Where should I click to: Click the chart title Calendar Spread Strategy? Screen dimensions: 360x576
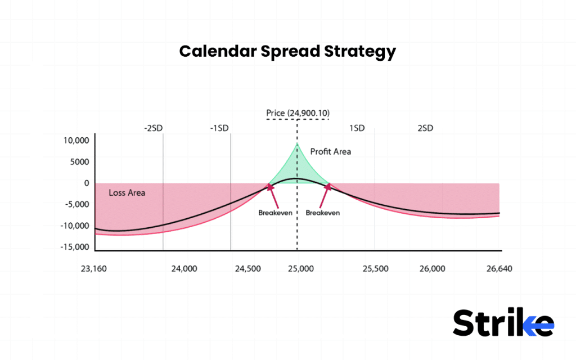pos(287,52)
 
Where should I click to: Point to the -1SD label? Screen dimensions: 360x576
pos(219,128)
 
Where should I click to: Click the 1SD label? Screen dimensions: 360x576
pos(357,128)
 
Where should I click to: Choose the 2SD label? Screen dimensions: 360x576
pos(425,128)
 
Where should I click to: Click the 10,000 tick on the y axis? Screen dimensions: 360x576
pos(75,141)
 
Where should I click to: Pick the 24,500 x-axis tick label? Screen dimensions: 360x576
pos(247,269)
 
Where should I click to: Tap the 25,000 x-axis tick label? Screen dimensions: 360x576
pos(299,269)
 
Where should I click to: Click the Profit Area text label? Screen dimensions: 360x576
pos(331,152)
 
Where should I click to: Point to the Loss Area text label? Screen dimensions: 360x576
pos(127,193)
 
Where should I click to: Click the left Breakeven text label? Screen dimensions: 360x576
pos(272,213)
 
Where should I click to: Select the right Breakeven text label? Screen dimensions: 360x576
pos(319,213)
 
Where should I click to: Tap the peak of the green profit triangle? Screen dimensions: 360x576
pos(297,144)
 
